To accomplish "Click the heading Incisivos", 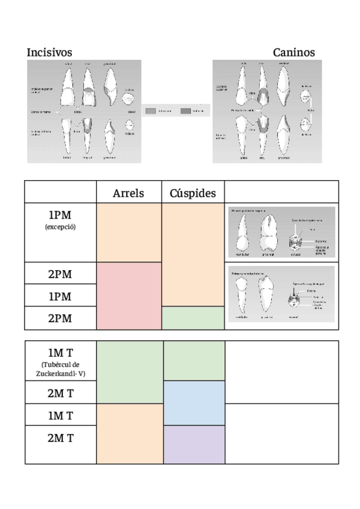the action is (x=49, y=53).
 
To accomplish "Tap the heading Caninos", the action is (x=293, y=53).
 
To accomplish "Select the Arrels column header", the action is (x=128, y=193).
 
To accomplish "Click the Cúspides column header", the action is (x=193, y=193).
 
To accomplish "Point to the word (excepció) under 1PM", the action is (x=60, y=227).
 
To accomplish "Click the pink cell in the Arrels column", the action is (x=129, y=296).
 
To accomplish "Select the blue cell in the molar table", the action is (x=193, y=403).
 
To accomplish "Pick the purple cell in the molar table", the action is (x=193, y=444).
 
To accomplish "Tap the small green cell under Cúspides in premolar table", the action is (x=193, y=318).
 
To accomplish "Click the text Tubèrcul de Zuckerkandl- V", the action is (x=60, y=369).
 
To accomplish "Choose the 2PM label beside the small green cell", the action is (x=60, y=318).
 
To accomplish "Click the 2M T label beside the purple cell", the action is (x=60, y=438).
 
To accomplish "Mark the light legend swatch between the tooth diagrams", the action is (x=151, y=111).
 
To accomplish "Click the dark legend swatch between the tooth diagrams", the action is (x=185, y=111).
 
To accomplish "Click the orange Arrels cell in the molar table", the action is (x=129, y=433).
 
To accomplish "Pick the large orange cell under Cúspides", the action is (x=193, y=254).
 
